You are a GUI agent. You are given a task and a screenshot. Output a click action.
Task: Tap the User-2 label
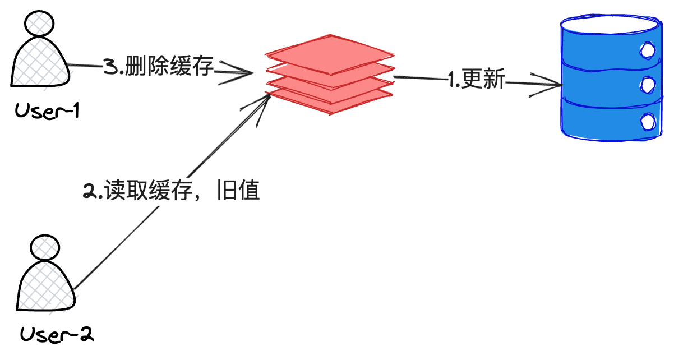(x=57, y=335)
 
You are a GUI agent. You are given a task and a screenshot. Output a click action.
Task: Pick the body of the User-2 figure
(x=45, y=289)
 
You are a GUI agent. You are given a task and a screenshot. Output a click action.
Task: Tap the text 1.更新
(x=477, y=81)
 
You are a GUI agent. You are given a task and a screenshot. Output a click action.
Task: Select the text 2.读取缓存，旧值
(x=172, y=191)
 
